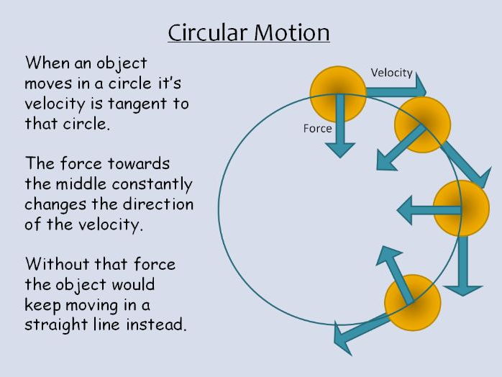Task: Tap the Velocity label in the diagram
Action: pyautogui.click(x=391, y=73)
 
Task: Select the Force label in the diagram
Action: pyautogui.click(x=317, y=129)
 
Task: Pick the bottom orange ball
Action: pyautogui.click(x=412, y=302)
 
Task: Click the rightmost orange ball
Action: pyautogui.click(x=461, y=209)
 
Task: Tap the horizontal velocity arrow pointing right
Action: pyautogui.click(x=396, y=88)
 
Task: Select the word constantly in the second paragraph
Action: pyautogui.click(x=158, y=184)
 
